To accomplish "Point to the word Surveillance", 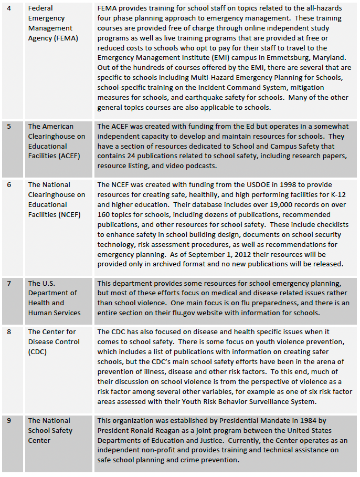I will tap(256, 402).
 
